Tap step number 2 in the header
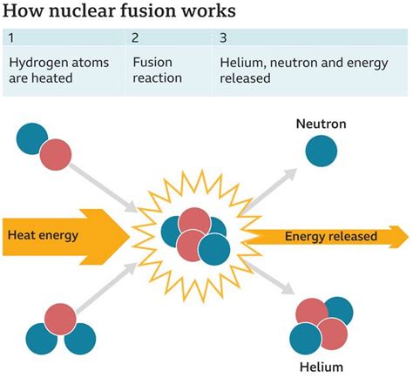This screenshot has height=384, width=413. point(135,39)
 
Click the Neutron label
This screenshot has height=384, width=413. point(321,125)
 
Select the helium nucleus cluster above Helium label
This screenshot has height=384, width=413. point(322,324)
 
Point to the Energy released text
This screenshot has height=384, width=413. point(330,236)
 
